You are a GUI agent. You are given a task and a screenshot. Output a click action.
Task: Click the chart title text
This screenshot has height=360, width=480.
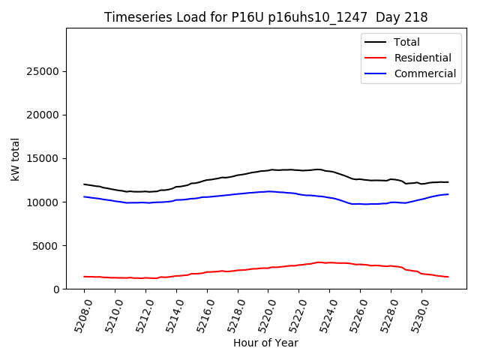[265, 17]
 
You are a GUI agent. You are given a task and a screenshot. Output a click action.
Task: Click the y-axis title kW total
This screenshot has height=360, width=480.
[15, 159]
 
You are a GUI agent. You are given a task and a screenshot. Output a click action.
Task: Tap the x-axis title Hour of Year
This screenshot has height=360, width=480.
[265, 343]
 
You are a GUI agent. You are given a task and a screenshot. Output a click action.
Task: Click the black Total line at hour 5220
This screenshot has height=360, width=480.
[268, 170]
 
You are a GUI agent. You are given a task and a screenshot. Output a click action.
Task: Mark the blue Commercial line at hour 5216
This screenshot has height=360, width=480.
[207, 197]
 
